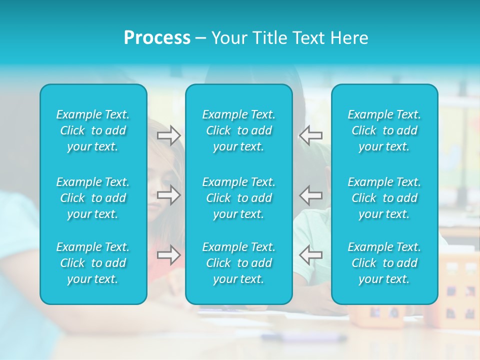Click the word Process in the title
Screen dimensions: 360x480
[157, 38]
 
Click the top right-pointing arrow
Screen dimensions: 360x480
[169, 135]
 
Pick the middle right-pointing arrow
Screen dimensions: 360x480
[169, 195]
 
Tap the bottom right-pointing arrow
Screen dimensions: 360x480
[169, 255]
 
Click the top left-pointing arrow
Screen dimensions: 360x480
[311, 135]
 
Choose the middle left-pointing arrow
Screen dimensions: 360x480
[311, 195]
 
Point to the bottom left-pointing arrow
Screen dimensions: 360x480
[311, 255]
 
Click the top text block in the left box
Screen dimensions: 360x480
[93, 130]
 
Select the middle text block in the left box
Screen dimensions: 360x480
[93, 198]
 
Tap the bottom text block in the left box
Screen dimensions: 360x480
[93, 263]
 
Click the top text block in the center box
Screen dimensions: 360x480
[238, 130]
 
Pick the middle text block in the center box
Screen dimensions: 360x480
[238, 198]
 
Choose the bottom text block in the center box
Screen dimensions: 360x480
[238, 263]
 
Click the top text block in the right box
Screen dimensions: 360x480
[384, 130]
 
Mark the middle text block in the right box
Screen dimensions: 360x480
[384, 198]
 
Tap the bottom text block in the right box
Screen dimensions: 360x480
[384, 263]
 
